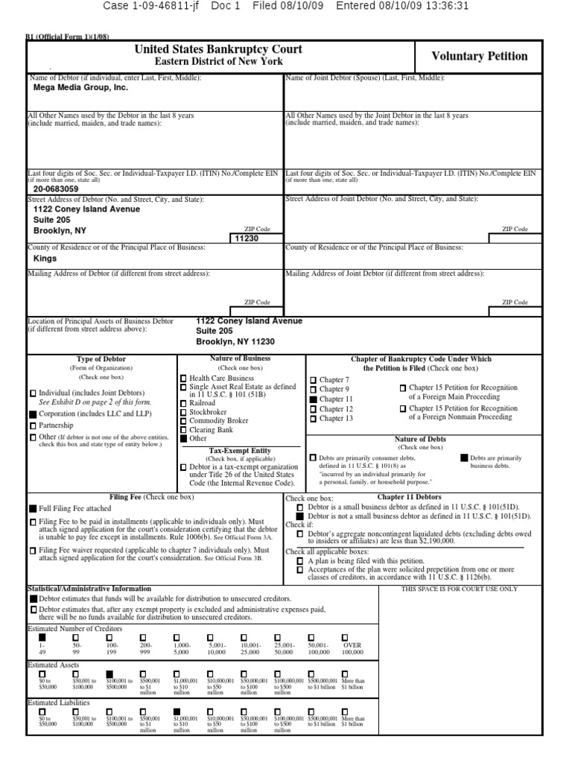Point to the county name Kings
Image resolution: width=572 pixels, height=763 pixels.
pyautogui.click(x=45, y=259)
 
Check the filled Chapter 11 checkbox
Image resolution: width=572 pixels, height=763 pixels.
pyautogui.click(x=314, y=400)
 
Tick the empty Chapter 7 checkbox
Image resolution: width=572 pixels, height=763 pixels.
pyautogui.click(x=314, y=381)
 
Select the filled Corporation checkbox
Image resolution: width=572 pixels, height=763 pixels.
pyautogui.click(x=33, y=413)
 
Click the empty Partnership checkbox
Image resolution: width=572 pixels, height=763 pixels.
pyautogui.click(x=33, y=425)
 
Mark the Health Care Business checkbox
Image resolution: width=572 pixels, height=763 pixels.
pyautogui.click(x=183, y=379)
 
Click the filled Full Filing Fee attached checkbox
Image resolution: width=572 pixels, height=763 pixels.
pyautogui.click(x=33, y=507)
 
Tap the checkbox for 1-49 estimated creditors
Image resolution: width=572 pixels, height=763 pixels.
pyautogui.click(x=42, y=638)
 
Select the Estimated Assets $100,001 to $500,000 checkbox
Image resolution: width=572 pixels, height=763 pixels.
pyautogui.click(x=109, y=674)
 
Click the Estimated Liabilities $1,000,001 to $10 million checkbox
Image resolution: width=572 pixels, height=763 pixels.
pyautogui.click(x=177, y=712)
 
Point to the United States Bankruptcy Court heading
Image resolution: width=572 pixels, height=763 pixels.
pyautogui.click(x=218, y=49)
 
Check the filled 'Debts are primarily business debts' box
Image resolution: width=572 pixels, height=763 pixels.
pyautogui.click(x=465, y=458)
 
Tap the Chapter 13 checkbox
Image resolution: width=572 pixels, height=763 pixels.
pyautogui.click(x=314, y=419)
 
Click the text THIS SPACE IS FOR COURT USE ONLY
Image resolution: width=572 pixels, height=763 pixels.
pyautogui.click(x=459, y=589)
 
